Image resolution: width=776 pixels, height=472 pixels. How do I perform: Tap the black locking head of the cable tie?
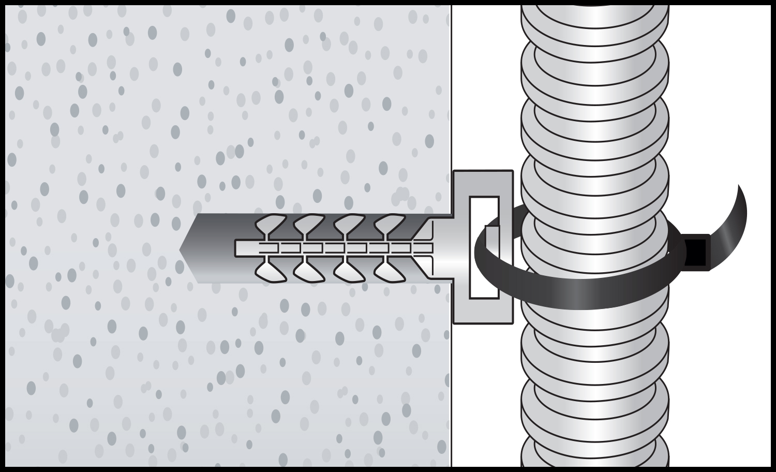pyautogui.click(x=696, y=253)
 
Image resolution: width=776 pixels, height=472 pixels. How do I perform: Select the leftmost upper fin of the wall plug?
pyautogui.click(x=271, y=224)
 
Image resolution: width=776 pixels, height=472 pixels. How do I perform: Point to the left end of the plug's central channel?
pyautogui.click(x=238, y=247)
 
